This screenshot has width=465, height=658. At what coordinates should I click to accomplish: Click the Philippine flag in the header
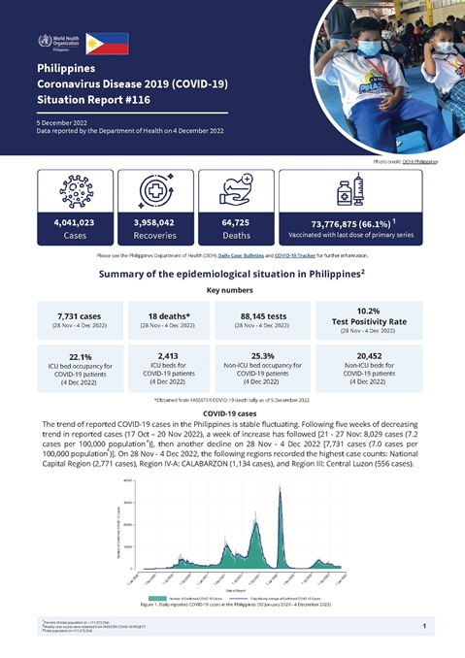click(x=108, y=42)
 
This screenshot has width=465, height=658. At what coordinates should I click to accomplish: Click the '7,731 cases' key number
click(x=81, y=314)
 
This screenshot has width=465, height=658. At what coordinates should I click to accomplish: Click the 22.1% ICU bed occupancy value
click(x=81, y=356)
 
